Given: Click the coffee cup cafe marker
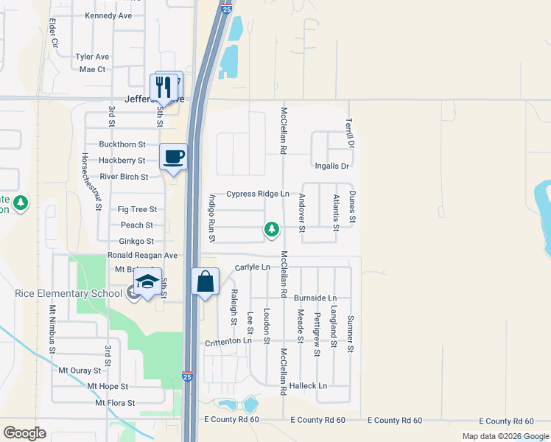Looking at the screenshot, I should click(173, 157).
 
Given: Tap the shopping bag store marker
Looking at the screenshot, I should click(206, 281).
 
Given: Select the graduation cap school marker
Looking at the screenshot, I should click(147, 283).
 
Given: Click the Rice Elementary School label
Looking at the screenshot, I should click(69, 294).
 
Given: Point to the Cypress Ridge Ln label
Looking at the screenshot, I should click(257, 194).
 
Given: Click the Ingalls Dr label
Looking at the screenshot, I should click(331, 166).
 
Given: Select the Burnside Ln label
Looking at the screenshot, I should click(315, 298).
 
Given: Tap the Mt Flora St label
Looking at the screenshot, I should click(115, 403).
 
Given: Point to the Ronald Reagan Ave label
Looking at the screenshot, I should click(142, 255).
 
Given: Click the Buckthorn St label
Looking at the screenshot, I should click(122, 144).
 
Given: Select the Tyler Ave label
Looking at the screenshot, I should click(92, 57).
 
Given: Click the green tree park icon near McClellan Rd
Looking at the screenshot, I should click(272, 230).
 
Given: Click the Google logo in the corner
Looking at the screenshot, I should click(24, 433).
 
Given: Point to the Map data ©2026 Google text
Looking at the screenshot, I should click(505, 436).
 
